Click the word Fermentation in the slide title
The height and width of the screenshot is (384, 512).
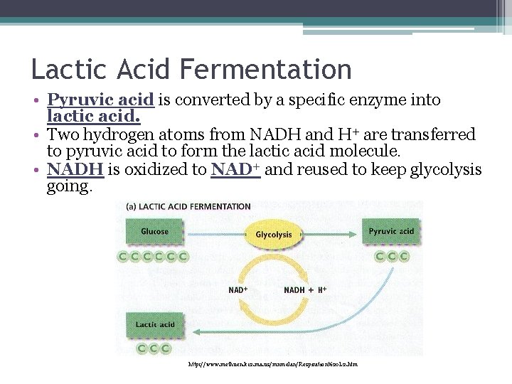click(x=266, y=70)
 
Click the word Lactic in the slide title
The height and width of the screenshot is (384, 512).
click(x=65, y=70)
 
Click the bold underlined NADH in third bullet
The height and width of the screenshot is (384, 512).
click(x=75, y=170)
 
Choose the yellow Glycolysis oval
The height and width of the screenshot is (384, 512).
click(x=274, y=234)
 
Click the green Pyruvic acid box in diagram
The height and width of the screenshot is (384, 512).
click(x=391, y=232)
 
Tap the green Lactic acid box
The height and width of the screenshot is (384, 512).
click(x=155, y=325)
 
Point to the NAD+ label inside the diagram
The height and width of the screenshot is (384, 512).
click(x=238, y=290)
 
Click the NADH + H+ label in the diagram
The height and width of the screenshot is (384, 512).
click(x=305, y=290)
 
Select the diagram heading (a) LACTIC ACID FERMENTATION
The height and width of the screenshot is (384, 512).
click(x=188, y=207)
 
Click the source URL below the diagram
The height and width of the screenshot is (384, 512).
click(x=272, y=364)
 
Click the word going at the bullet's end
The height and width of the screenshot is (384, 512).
click(x=69, y=186)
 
